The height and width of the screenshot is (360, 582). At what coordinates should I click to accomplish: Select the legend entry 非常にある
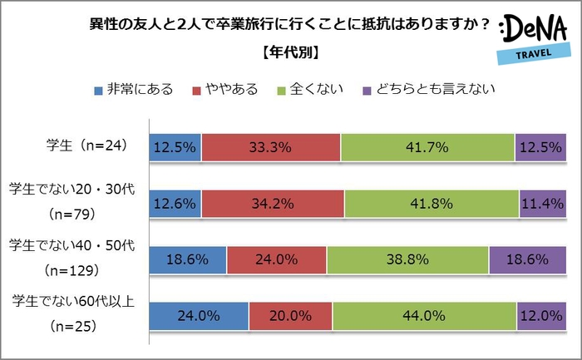(x=133, y=89)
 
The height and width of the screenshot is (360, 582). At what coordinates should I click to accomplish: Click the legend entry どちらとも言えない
(x=429, y=89)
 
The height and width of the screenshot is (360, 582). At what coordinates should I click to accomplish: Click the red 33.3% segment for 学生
(x=271, y=147)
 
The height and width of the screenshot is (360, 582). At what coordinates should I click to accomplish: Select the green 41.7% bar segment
(x=427, y=147)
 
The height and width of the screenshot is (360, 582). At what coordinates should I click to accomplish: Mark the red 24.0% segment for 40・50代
(x=277, y=259)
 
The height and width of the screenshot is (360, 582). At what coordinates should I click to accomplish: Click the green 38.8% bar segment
(x=407, y=259)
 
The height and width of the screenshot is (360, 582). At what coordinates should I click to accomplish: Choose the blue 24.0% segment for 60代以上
(x=199, y=316)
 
